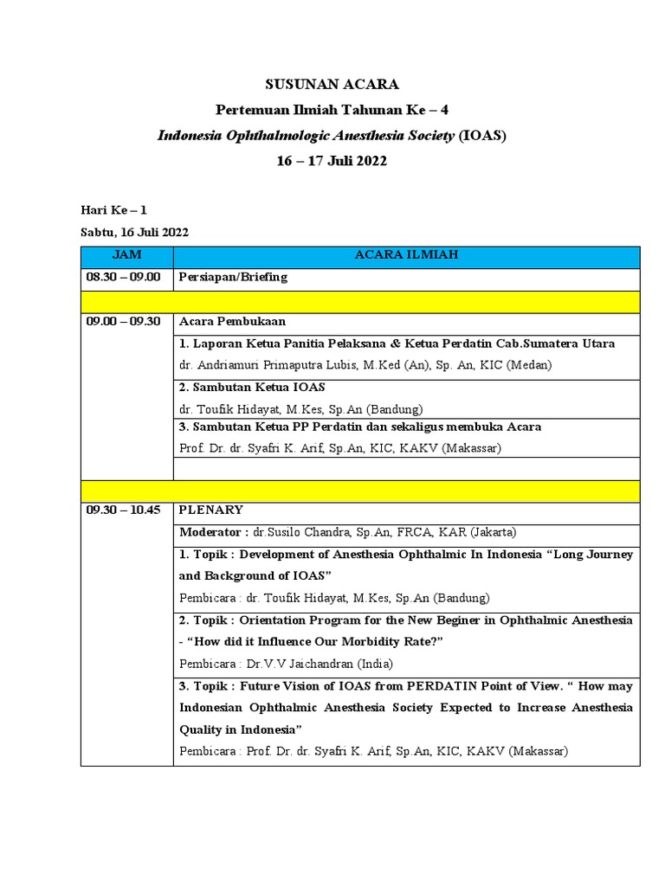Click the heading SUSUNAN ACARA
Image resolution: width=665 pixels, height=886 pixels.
pyautogui.click(x=332, y=84)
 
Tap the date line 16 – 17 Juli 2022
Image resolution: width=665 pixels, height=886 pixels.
pyautogui.click(x=332, y=161)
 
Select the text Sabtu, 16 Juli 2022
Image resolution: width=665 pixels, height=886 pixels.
pyautogui.click(x=134, y=232)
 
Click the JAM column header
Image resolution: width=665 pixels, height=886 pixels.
pyautogui.click(x=126, y=255)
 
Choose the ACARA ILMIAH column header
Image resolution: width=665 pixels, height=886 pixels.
pyautogui.click(x=406, y=255)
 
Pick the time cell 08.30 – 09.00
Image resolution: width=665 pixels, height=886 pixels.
pyautogui.click(x=123, y=278)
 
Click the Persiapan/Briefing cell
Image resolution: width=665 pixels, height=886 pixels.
pyautogui.click(x=233, y=278)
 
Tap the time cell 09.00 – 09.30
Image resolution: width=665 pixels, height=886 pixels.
pyautogui.click(x=123, y=322)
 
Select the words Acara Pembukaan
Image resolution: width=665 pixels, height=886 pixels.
pyautogui.click(x=232, y=322)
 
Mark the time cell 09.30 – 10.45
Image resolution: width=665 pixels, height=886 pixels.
pyautogui.click(x=123, y=510)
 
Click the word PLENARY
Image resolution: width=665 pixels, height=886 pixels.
pyautogui.click(x=210, y=510)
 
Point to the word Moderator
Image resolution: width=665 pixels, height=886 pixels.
pyautogui.click(x=208, y=531)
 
